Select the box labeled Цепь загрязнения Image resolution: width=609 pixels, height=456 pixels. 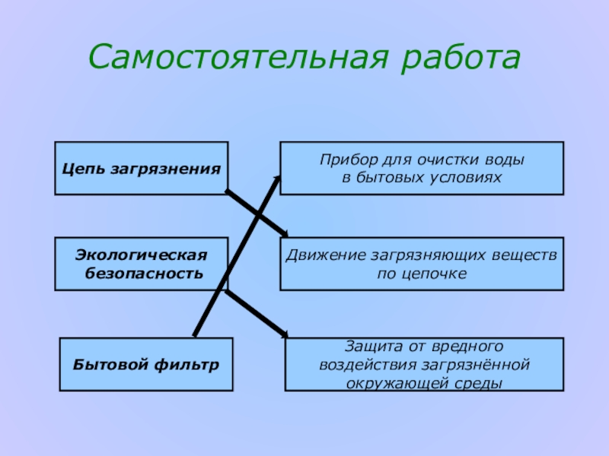click(141, 168)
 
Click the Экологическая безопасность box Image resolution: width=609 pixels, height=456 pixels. click(141, 263)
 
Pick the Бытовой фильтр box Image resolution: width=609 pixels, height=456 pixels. click(146, 365)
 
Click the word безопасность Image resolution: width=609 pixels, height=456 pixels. click(144, 273)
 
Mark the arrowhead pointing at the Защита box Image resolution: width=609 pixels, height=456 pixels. click(285, 334)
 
